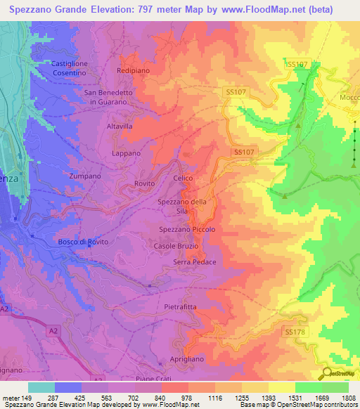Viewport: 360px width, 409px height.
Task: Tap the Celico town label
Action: tap(183, 178)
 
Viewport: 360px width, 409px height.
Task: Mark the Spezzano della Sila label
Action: tap(182, 207)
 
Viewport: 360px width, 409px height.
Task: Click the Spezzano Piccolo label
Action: tap(186, 229)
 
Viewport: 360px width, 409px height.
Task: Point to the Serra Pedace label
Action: tap(194, 262)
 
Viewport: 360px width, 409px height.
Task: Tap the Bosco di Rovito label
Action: tap(83, 242)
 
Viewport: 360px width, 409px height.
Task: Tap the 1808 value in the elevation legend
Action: tap(347, 399)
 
